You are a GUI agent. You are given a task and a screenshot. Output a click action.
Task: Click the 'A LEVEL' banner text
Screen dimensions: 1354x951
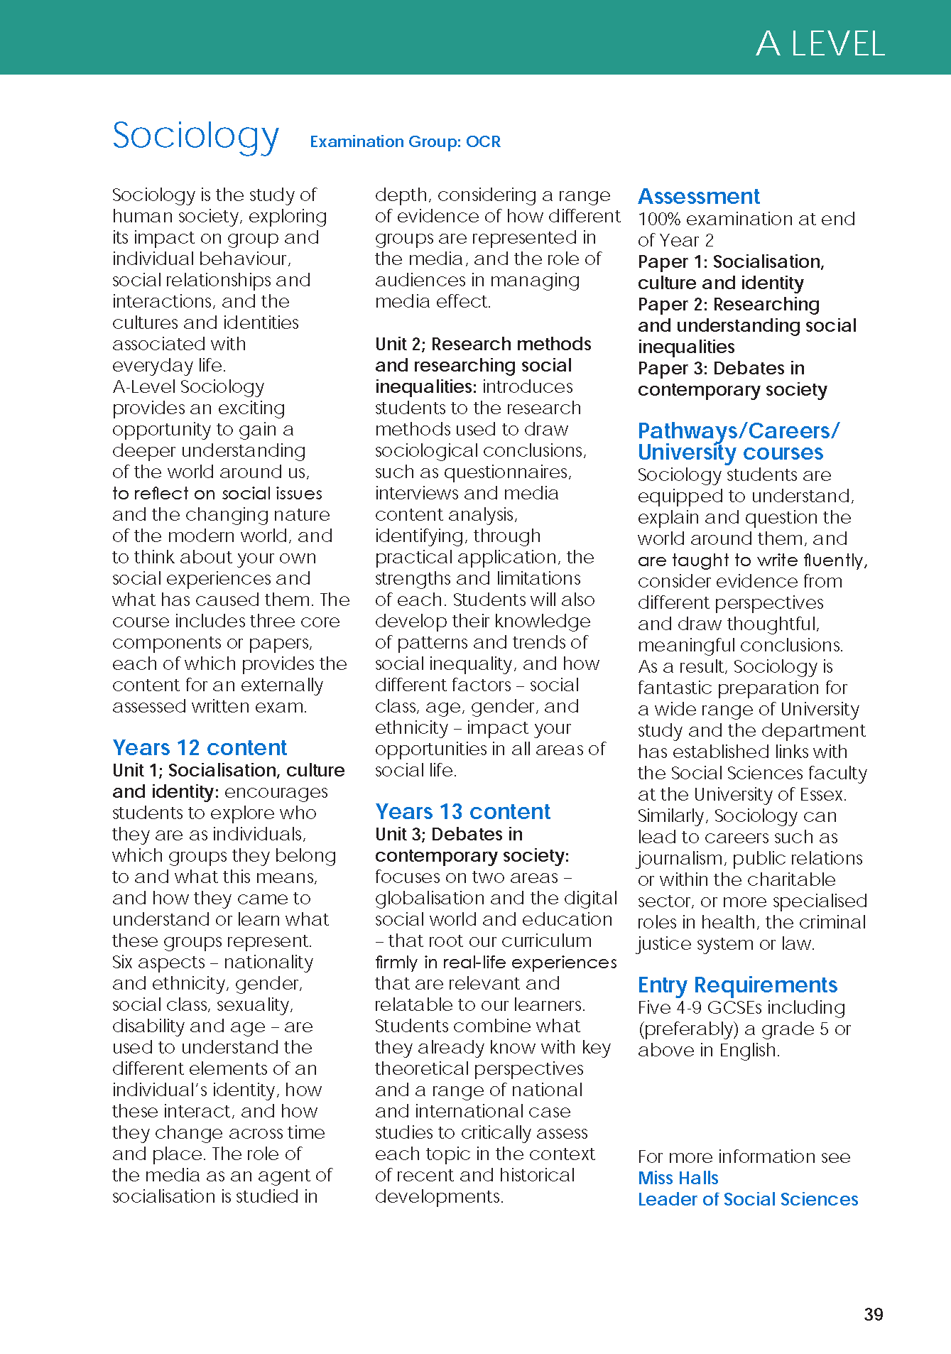point(820,44)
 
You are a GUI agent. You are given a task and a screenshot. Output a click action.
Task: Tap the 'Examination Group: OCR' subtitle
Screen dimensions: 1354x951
point(405,141)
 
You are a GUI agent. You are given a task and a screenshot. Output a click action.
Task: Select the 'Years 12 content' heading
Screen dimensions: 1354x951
point(200,747)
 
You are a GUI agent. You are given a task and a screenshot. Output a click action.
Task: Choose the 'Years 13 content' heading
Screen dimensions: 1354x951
point(462,811)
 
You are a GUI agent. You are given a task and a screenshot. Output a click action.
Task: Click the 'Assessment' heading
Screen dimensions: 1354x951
point(698,196)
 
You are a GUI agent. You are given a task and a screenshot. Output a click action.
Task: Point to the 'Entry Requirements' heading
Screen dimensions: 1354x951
point(737,985)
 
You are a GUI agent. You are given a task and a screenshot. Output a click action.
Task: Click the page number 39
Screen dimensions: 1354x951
point(874,1314)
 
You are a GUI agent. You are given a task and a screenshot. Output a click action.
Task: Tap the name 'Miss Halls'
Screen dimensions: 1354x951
point(678,1178)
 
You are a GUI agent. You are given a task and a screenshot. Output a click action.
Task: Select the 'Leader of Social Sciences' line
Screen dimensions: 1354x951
point(747,1199)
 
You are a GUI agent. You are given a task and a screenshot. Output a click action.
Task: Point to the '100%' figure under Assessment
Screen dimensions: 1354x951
point(659,219)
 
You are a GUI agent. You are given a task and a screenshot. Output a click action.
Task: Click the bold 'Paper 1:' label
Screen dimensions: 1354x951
point(672,261)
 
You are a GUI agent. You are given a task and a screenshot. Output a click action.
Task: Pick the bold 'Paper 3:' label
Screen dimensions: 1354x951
point(672,368)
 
